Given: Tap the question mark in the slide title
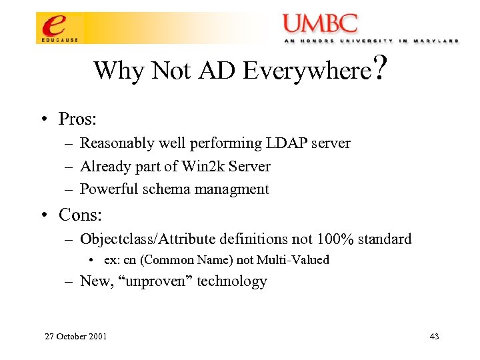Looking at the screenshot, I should (x=381, y=67).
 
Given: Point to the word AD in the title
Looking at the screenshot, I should (x=217, y=70).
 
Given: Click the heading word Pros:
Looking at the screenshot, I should (x=78, y=119).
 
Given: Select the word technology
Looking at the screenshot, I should (x=233, y=281).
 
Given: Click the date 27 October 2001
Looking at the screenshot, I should (x=75, y=336).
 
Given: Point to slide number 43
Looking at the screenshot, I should (x=434, y=336).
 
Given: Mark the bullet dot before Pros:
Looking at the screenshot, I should (x=42, y=120).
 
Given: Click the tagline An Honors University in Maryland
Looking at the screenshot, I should (x=370, y=41).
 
